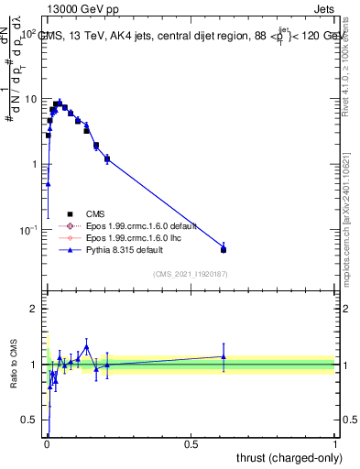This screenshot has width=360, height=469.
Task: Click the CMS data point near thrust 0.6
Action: tap(224, 249)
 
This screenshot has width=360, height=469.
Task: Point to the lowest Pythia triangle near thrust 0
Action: tap(48, 184)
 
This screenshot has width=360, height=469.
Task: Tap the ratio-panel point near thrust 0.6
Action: tap(224, 356)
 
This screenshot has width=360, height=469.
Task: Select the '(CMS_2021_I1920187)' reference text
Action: tap(191, 274)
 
